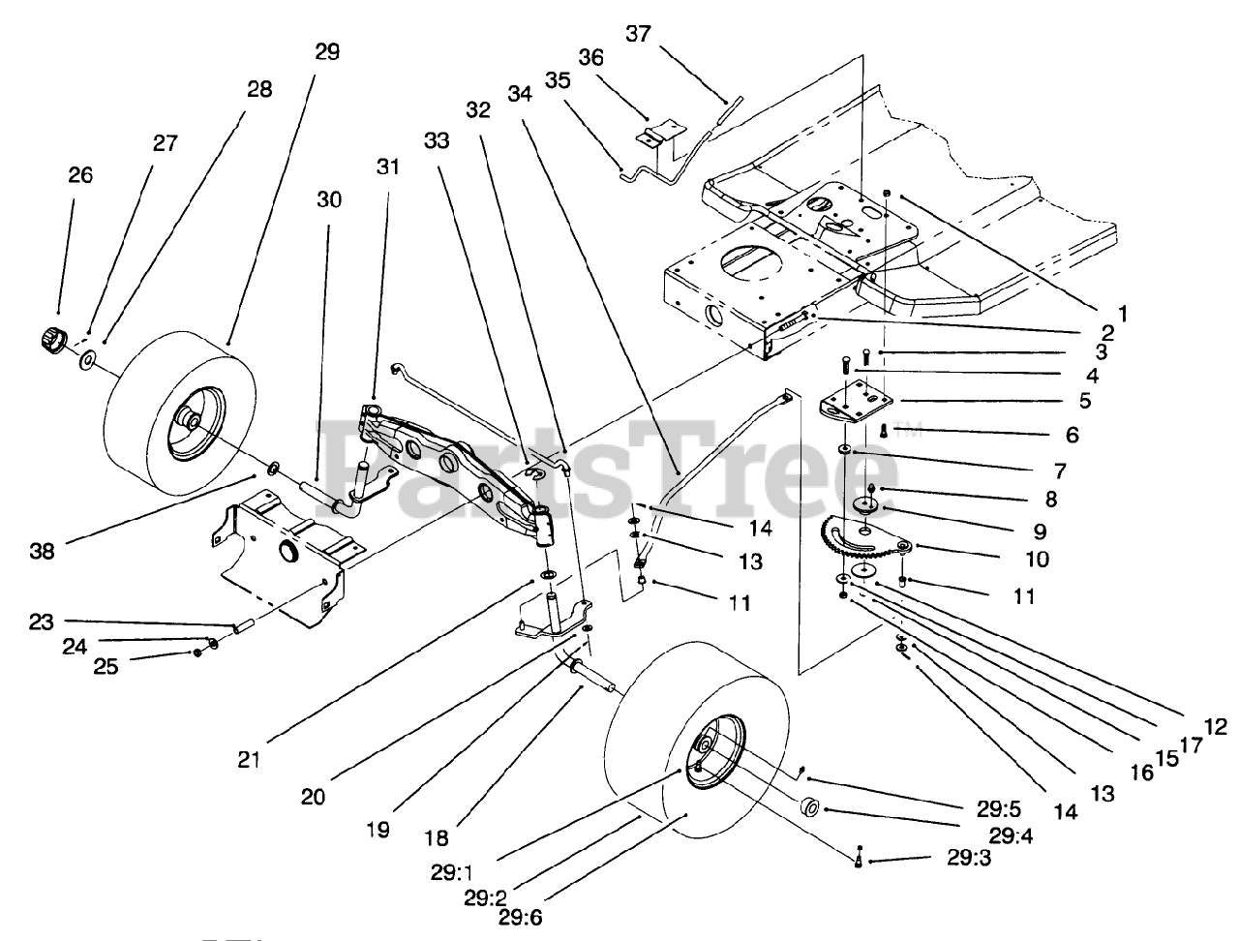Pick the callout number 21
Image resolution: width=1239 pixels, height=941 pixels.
(250, 760)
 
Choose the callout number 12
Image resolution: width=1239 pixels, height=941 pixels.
(1215, 726)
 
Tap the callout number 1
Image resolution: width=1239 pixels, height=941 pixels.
(1124, 312)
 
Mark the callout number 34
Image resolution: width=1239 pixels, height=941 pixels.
(520, 93)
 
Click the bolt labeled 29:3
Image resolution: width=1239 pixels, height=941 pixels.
(859, 857)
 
